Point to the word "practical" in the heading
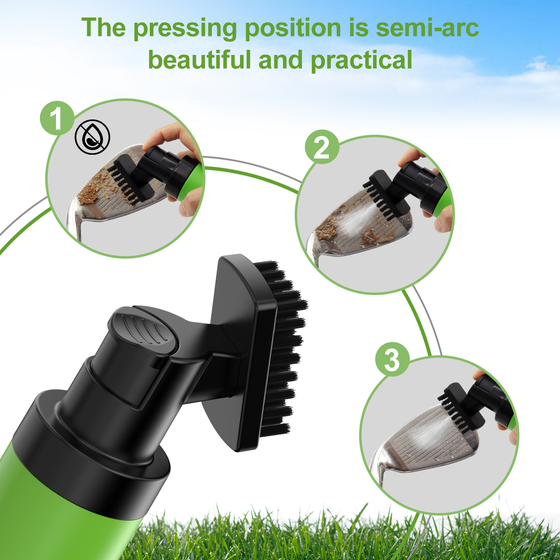click(x=361, y=60)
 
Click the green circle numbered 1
click(x=57, y=118)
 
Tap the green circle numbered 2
click(x=322, y=147)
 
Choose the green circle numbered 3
click(x=392, y=359)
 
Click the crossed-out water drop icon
click(x=92, y=137)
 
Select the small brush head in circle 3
click(x=458, y=406)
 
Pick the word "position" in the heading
click(x=293, y=28)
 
